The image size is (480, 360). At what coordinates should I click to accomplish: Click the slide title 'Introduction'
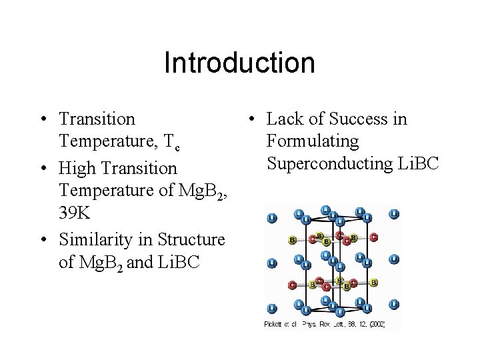coord(239,63)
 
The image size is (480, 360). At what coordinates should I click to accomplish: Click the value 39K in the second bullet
coord(74,214)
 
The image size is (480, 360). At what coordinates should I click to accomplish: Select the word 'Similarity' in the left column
coord(100,238)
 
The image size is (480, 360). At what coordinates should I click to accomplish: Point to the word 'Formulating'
coord(312,141)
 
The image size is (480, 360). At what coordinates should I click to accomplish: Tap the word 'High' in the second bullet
coord(77,168)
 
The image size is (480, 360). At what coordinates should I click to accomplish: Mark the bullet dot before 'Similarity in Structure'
coord(42,239)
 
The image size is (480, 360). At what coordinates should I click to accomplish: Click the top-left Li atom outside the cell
coord(271,218)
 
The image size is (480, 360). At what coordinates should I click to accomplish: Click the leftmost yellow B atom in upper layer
coord(292,239)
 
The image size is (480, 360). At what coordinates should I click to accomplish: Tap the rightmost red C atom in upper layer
coord(373,237)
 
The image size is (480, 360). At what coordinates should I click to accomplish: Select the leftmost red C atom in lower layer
coord(292,285)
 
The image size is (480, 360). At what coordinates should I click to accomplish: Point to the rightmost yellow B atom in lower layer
coord(374,283)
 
